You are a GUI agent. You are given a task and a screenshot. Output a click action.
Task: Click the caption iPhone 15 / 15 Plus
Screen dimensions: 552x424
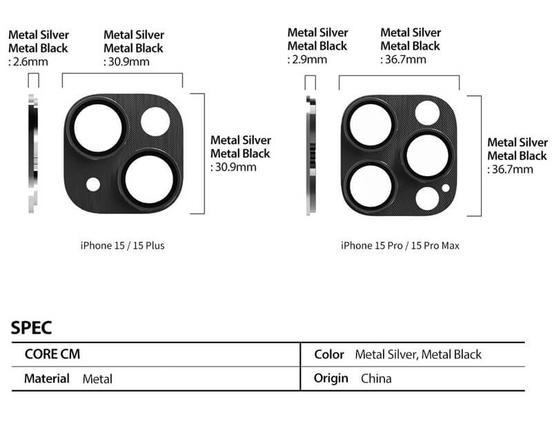click(123, 245)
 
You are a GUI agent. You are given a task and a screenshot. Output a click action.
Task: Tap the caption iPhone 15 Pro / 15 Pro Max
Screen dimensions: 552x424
click(400, 245)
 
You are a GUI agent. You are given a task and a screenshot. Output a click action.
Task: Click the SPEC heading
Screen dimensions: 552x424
click(31, 328)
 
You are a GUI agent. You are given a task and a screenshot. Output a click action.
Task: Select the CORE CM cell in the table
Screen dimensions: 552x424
click(52, 354)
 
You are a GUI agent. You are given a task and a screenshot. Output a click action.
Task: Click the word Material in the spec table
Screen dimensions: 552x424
click(47, 378)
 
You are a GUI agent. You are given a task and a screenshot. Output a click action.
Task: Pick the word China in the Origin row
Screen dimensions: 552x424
click(376, 378)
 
